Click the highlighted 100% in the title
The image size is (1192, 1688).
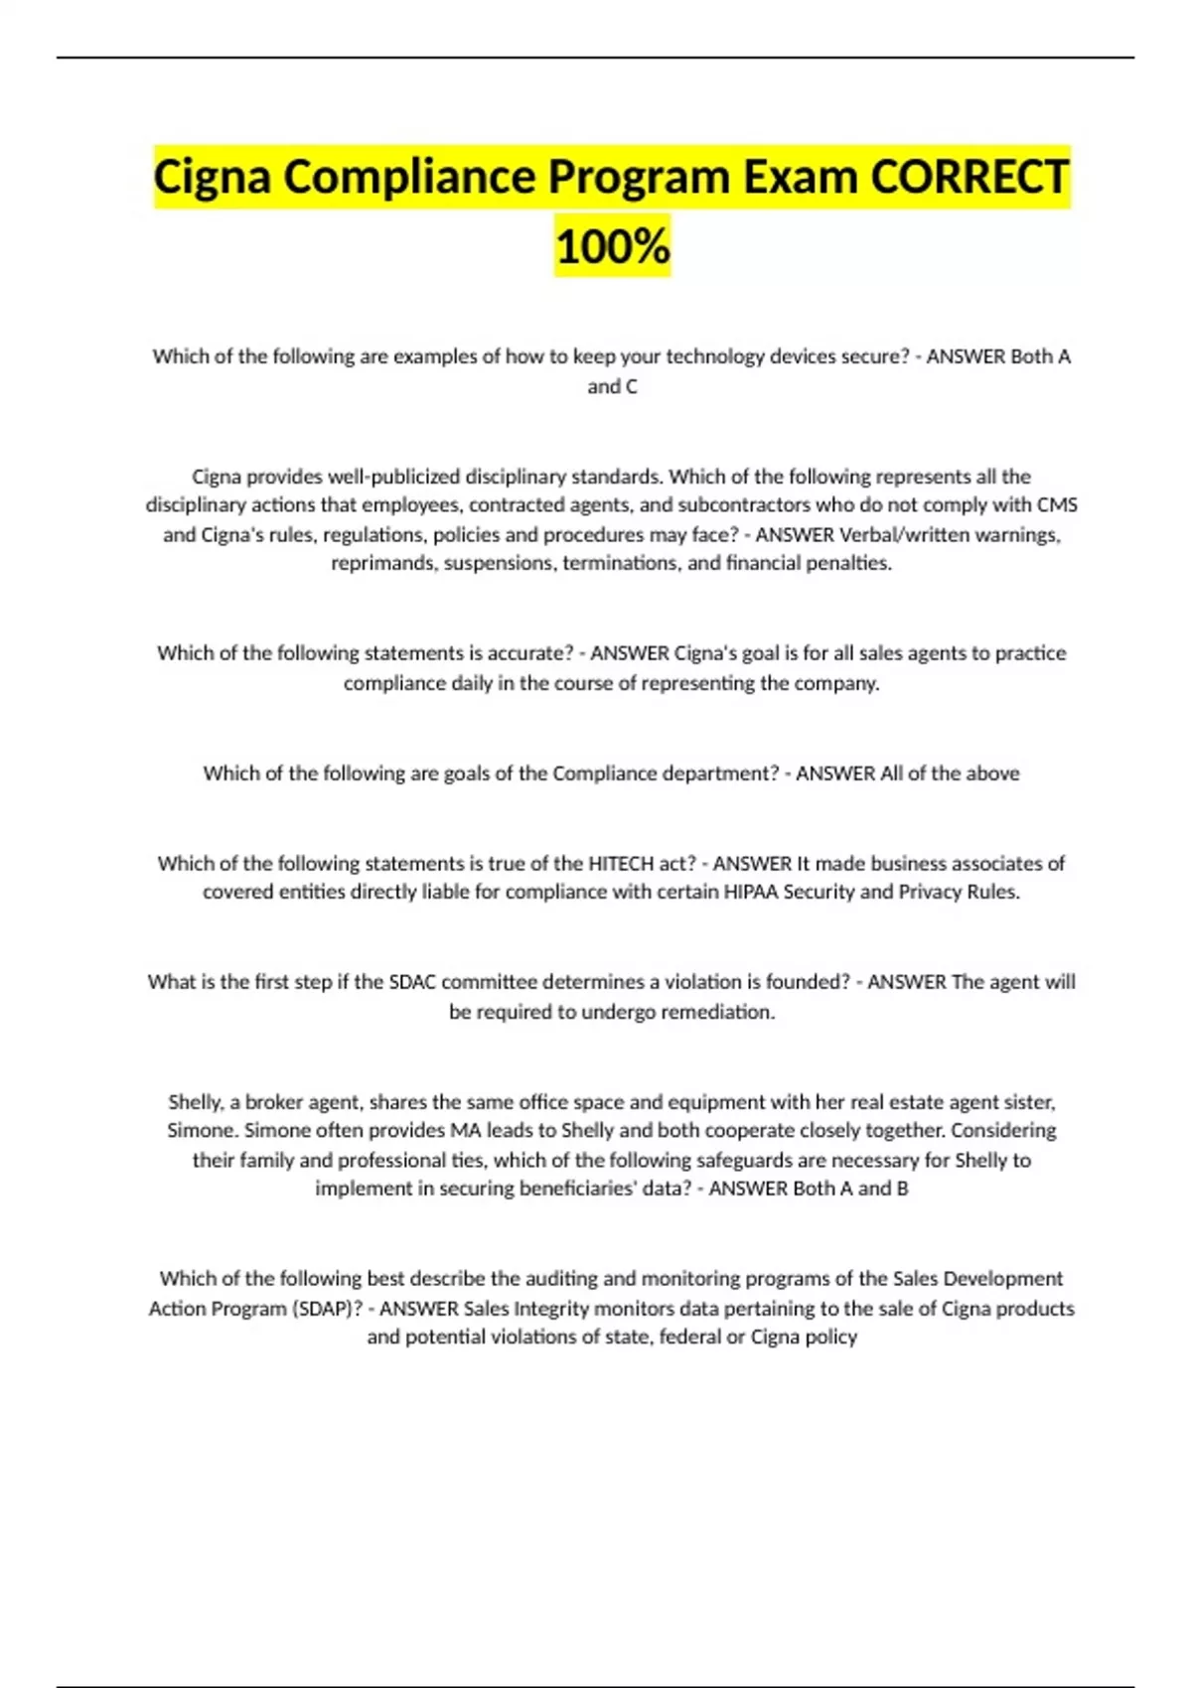(x=612, y=246)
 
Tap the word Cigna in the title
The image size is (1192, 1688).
(x=212, y=178)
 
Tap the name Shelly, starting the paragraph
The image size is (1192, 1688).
(x=197, y=1102)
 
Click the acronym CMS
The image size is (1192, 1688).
(x=1057, y=505)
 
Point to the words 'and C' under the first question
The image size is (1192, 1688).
(x=612, y=386)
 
